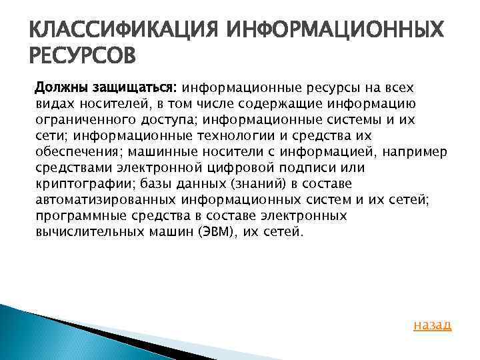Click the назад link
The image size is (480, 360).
coord(433,325)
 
